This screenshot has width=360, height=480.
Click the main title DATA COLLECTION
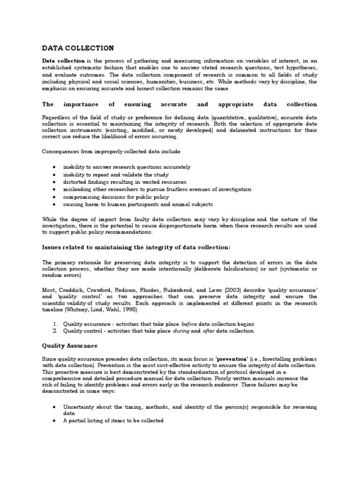[78, 48]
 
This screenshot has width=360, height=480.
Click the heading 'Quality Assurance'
[70, 345]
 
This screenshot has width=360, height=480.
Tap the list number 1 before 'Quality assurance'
[55, 324]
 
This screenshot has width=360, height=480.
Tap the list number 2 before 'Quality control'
[55, 330]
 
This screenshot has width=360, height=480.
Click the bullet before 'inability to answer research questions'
[55, 167]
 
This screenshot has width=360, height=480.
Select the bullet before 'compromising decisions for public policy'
[55, 197]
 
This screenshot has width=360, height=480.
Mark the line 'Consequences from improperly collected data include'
[111, 151]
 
